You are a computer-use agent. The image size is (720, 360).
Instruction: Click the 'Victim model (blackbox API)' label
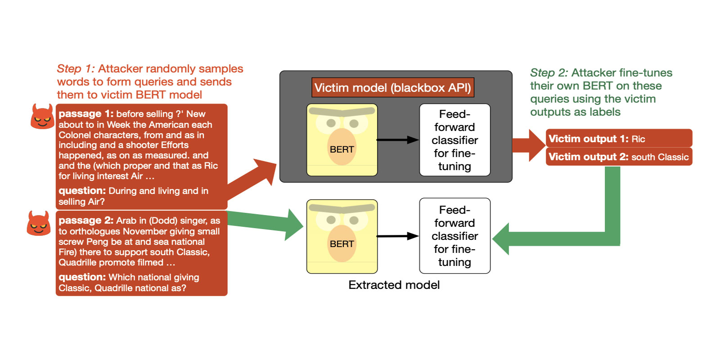click(392, 88)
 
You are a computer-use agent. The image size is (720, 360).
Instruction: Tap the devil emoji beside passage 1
click(42, 117)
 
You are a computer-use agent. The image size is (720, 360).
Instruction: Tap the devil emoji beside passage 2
click(39, 223)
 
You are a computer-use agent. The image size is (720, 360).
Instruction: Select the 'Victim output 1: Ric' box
click(619, 139)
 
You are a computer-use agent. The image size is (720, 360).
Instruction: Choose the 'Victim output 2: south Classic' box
click(619, 157)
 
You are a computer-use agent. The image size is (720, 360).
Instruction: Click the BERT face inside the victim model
click(342, 140)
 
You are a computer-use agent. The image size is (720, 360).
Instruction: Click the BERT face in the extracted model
click(342, 236)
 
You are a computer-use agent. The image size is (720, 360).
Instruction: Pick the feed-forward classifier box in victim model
click(454, 140)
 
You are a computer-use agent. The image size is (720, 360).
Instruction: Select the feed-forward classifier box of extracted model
click(454, 236)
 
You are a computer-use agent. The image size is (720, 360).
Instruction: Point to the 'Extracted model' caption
click(394, 285)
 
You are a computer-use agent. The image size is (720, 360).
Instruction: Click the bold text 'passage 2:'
click(86, 220)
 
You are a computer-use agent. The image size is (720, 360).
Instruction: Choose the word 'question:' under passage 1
click(82, 191)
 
